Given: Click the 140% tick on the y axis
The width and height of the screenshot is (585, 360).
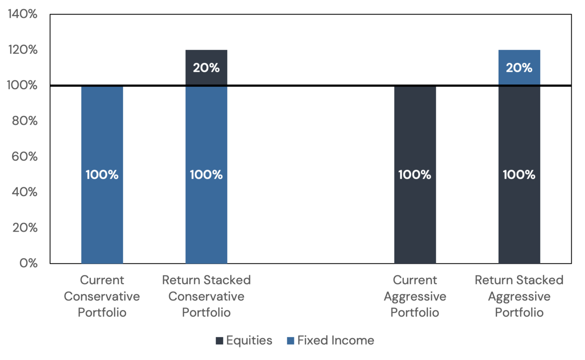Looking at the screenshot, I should pos(22,14).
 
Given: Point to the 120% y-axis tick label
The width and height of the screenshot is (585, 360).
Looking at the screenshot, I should pos(22,50).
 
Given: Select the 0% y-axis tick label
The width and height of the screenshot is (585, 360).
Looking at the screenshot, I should pos(27,264).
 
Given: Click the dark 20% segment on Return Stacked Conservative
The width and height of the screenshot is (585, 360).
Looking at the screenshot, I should pos(206,68).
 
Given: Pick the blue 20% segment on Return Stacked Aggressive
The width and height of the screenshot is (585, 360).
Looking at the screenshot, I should pos(519,68).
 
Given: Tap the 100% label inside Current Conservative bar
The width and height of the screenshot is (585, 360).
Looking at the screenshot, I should pos(102,175).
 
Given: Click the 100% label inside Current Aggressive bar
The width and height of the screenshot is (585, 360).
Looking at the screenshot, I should pos(415,175).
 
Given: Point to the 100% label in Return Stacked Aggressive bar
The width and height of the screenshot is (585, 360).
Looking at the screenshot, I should pos(519,175).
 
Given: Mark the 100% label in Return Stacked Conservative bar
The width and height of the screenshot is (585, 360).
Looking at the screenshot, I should pos(206,175).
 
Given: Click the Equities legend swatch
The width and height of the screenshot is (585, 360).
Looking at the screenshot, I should pos(219,340).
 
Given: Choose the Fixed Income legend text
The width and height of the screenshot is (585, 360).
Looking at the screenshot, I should pos(335,340).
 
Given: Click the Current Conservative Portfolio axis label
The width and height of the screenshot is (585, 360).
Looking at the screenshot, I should pos(102,296).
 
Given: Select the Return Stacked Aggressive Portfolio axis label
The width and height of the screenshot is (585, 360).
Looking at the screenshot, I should pos(519,296).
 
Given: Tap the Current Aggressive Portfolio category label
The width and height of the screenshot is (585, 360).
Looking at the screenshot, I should pos(415,296).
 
